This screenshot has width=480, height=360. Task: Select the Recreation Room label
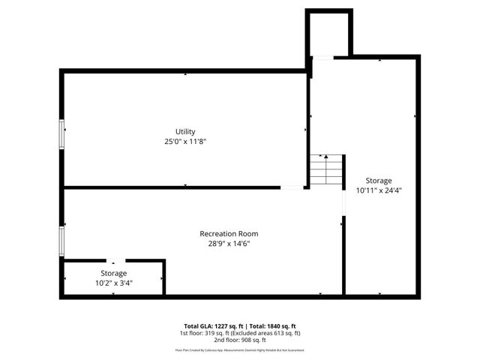(x=228, y=233)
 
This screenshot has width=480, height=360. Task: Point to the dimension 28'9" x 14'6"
(x=228, y=243)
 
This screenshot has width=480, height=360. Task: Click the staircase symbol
(x=327, y=170)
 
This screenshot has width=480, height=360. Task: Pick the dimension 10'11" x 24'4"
(x=379, y=190)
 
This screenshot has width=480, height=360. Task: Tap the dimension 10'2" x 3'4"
(x=114, y=283)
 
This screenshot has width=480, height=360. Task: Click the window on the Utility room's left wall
(x=62, y=134)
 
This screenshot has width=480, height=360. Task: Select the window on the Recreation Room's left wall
(x=62, y=241)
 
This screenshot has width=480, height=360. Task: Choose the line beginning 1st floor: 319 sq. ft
(x=240, y=332)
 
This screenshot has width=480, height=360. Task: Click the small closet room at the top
(x=328, y=34)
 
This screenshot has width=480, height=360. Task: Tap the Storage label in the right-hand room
(x=379, y=181)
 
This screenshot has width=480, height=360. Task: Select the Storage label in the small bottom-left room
(x=114, y=273)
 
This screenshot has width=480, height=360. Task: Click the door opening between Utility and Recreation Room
(x=292, y=187)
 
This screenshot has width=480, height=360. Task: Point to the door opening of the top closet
(x=322, y=57)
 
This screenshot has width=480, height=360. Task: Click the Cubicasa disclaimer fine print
(x=240, y=349)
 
